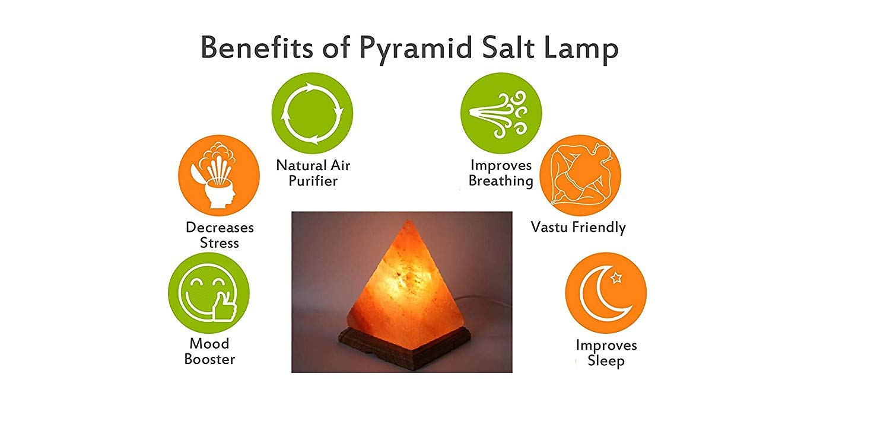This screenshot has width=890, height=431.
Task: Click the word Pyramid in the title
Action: point(416,49)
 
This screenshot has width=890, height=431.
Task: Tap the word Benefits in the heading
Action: point(257,47)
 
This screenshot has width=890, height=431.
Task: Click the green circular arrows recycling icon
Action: point(312,113)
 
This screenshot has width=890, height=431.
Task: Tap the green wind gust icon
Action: point(501,113)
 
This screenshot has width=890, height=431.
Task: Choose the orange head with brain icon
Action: point(219,175)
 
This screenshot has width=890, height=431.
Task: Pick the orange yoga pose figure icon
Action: point(580,175)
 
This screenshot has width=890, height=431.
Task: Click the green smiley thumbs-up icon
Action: point(209,293)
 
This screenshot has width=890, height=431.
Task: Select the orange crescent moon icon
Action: point(606,293)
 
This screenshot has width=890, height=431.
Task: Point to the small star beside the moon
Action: point(616,277)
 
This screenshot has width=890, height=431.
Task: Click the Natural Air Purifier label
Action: point(313,173)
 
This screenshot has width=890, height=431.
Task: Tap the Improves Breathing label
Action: point(501,173)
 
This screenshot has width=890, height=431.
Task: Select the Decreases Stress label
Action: point(220,235)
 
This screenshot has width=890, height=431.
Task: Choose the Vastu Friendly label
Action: point(578,228)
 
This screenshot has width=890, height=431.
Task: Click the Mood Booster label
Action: point(209,351)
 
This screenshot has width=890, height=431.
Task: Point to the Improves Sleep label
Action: point(606,353)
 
